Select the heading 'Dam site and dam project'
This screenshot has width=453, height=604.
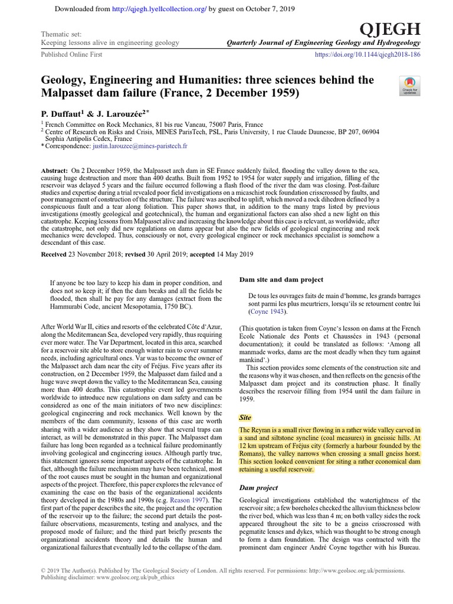(x=280, y=280)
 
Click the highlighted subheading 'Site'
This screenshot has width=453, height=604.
(x=245, y=417)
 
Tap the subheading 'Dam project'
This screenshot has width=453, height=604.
(x=259, y=488)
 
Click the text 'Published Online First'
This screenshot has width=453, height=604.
(x=71, y=54)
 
